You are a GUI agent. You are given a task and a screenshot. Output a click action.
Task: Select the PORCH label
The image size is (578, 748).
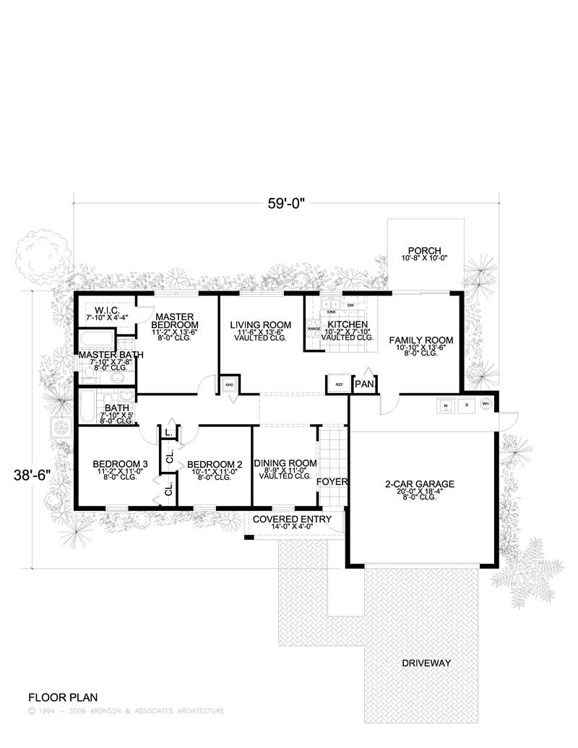[424, 251]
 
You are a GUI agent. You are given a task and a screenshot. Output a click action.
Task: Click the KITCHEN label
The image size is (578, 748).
[348, 324]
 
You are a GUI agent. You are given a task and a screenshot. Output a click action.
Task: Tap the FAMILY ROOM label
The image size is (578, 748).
[420, 340]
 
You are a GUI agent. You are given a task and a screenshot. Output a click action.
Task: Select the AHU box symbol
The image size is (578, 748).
[230, 384]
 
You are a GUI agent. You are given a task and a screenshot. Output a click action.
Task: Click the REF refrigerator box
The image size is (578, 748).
[338, 384]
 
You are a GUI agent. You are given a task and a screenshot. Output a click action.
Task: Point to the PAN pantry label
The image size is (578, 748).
[363, 384]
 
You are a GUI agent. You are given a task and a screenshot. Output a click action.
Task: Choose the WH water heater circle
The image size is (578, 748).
[486, 405]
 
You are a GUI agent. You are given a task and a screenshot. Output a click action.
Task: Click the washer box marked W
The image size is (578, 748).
[446, 405]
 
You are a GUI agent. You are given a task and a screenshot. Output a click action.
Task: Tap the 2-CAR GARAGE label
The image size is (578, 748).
[420, 484]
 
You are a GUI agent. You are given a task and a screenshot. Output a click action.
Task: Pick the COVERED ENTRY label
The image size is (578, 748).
[292, 519]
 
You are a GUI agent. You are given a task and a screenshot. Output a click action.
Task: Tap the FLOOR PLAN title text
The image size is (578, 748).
[61, 698]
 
